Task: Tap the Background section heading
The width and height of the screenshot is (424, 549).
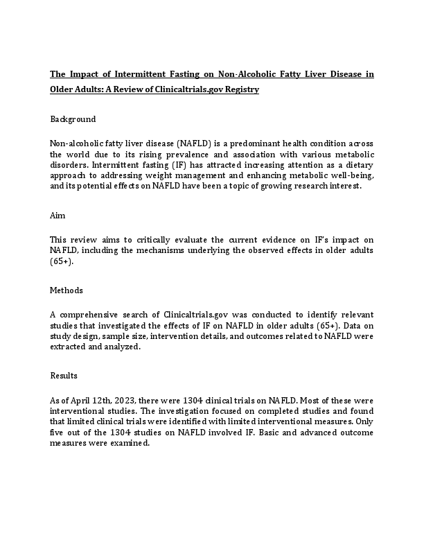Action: pos(73,119)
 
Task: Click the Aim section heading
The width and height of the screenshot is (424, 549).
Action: pos(58,216)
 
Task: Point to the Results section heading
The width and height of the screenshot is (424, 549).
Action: pos(64,376)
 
